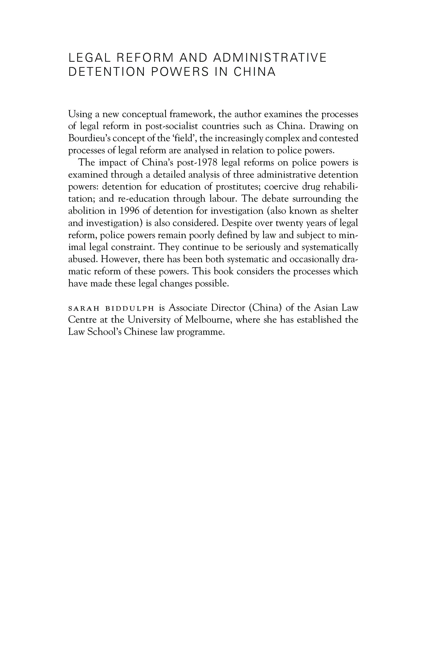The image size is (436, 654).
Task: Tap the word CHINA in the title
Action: (x=254, y=72)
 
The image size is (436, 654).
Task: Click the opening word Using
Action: (x=81, y=114)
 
